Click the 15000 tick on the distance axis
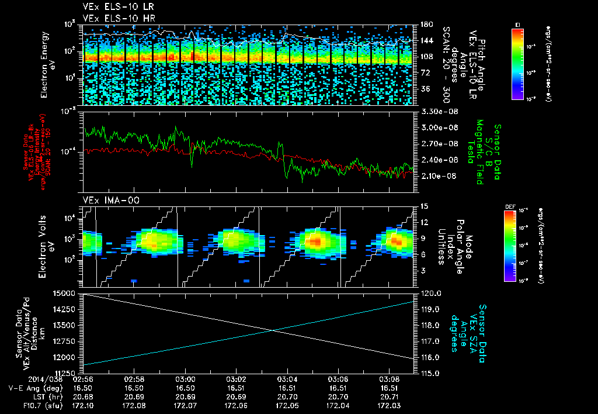coord(70,292)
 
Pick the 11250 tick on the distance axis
coord(70,372)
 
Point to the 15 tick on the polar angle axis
coord(421,206)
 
